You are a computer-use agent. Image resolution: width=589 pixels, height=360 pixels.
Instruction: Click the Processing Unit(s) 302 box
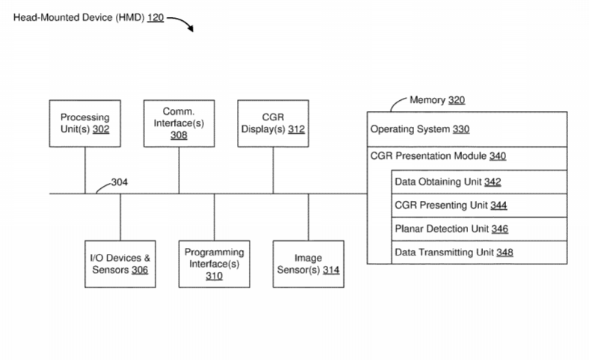(x=84, y=122)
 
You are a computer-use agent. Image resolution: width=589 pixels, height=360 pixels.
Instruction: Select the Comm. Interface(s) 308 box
(x=179, y=122)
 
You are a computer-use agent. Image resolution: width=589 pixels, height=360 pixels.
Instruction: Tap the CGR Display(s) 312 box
(x=271, y=122)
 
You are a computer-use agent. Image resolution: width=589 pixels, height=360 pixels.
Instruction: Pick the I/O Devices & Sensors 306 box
(x=120, y=264)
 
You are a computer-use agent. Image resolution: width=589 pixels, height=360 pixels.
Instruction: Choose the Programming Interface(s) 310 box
(x=214, y=264)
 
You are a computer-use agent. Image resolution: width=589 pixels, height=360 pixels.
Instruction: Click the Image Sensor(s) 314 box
(x=307, y=264)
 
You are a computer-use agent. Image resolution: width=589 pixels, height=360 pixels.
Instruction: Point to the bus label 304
(x=120, y=181)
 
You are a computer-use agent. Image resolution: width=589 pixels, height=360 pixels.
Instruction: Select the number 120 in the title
(x=155, y=16)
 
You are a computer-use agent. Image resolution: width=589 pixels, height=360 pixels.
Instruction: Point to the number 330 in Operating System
(x=461, y=129)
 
